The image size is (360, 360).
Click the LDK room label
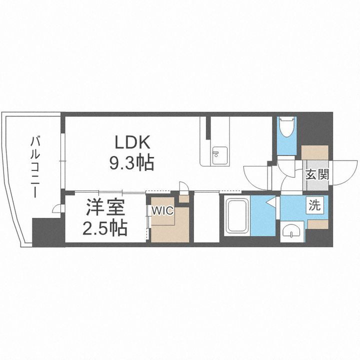click(x=132, y=143)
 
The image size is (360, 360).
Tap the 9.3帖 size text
click(x=132, y=162)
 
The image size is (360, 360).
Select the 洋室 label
click(x=104, y=207)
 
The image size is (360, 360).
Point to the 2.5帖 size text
click(x=104, y=228)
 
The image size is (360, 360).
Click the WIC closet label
click(x=163, y=210)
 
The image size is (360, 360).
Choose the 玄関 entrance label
click(x=317, y=174)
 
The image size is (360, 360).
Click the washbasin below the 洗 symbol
click(x=292, y=231)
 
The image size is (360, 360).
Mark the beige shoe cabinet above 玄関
click(x=315, y=153)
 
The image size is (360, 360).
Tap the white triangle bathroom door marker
click(x=271, y=202)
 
